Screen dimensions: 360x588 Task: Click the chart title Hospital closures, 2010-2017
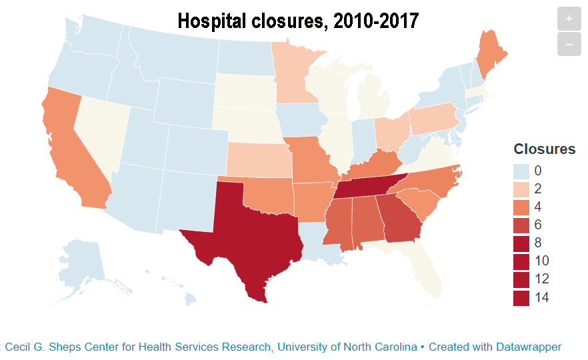tap(298, 21)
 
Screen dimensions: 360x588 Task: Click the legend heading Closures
tap(544, 149)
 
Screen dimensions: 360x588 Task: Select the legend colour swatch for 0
tap(521, 171)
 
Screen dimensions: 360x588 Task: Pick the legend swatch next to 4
tap(521, 207)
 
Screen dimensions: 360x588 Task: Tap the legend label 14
tap(542, 297)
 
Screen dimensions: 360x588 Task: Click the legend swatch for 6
tap(521, 225)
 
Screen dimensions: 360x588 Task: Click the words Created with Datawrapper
tap(495, 347)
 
